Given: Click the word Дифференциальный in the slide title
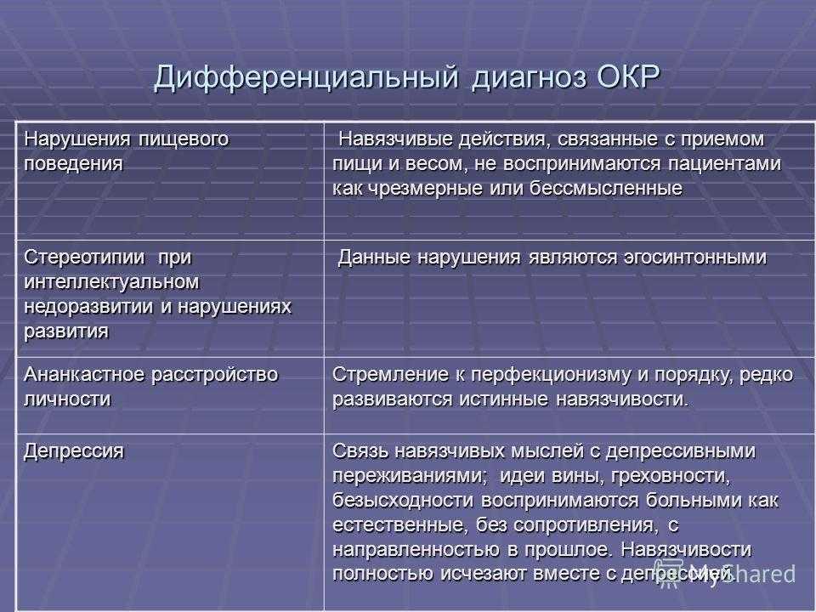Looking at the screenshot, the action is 306,78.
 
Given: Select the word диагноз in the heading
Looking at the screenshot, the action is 530,78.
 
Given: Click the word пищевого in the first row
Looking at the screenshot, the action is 184,139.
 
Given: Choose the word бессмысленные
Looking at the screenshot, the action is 606,188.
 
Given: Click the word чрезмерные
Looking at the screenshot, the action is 426,189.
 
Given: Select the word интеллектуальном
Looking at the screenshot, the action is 111,282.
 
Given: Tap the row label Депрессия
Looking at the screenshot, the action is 74,451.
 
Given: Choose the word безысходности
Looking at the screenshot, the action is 403,501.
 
